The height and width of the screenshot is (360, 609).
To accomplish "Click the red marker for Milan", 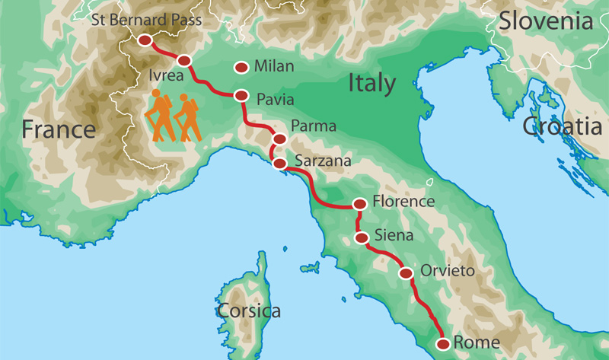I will pyautogui.click(x=241, y=68).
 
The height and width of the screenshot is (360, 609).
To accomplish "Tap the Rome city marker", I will pyautogui.click(x=443, y=344).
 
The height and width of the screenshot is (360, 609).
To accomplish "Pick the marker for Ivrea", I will pyautogui.click(x=183, y=61).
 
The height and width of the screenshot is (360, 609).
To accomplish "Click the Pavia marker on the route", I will pyautogui.click(x=241, y=96).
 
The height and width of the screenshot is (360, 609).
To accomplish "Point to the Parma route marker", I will pyautogui.click(x=279, y=139).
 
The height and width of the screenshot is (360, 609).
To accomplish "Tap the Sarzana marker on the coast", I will pyautogui.click(x=279, y=163).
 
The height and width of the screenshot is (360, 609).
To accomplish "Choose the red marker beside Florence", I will pyautogui.click(x=359, y=204).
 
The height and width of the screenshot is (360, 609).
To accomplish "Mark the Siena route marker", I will pyautogui.click(x=361, y=237).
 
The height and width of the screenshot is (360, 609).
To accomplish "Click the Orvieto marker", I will pyautogui.click(x=406, y=272).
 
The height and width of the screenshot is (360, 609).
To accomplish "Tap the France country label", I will pyautogui.click(x=59, y=129).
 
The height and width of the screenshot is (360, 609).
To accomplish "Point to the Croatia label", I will pyautogui.click(x=562, y=126).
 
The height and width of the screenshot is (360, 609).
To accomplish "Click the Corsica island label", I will pyautogui.click(x=248, y=311).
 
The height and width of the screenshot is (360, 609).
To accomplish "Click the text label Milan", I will pyautogui.click(x=274, y=67).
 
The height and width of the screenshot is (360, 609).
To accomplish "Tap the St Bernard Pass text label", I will pyautogui.click(x=146, y=20).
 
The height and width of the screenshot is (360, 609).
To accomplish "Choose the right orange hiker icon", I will pyautogui.click(x=187, y=117).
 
